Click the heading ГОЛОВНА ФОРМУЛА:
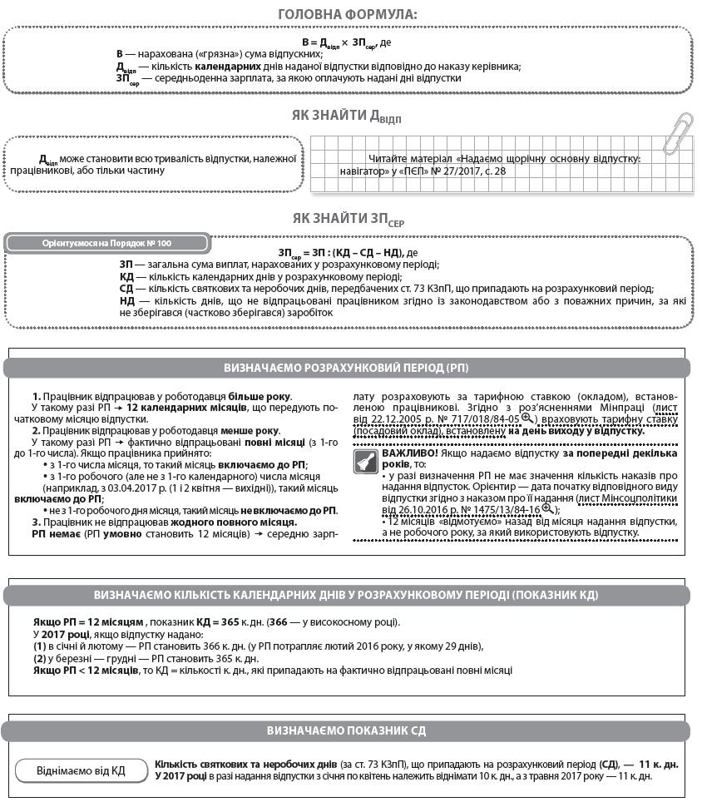point(348,14)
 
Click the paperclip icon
point(678,133)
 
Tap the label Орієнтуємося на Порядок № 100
point(106,243)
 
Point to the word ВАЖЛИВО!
point(408,453)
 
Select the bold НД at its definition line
point(126,300)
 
